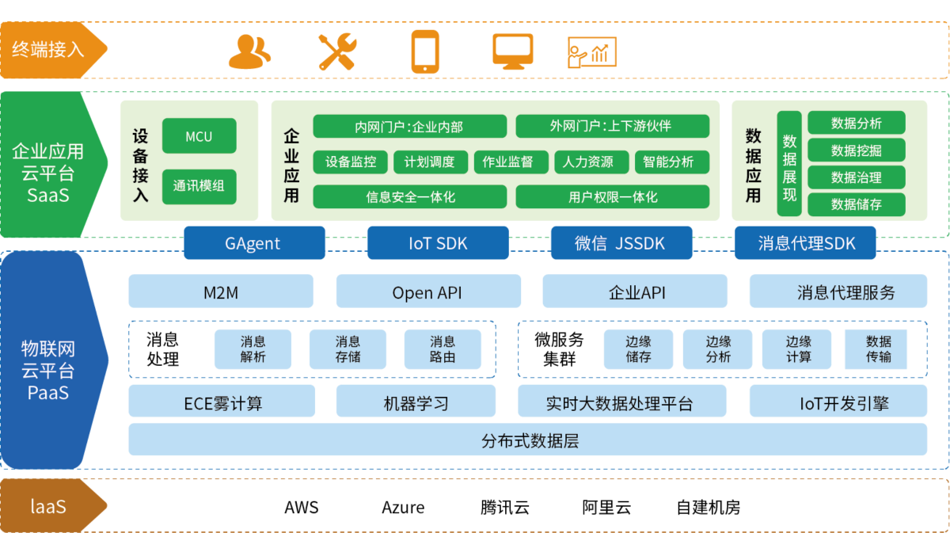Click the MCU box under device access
(199, 136)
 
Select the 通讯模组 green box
(199, 187)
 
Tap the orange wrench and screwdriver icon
(338, 52)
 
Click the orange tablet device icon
(425, 52)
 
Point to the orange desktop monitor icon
(512, 51)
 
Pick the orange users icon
(249, 52)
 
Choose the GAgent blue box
(254, 243)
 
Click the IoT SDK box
(438, 243)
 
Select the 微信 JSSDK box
(621, 243)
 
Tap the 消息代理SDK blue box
(805, 243)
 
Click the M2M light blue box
(221, 292)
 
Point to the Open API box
(427, 292)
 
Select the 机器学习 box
(416, 402)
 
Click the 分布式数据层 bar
(528, 440)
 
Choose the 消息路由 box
(443, 349)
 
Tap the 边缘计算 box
(798, 349)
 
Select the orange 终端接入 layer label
(48, 50)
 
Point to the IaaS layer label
(48, 505)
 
